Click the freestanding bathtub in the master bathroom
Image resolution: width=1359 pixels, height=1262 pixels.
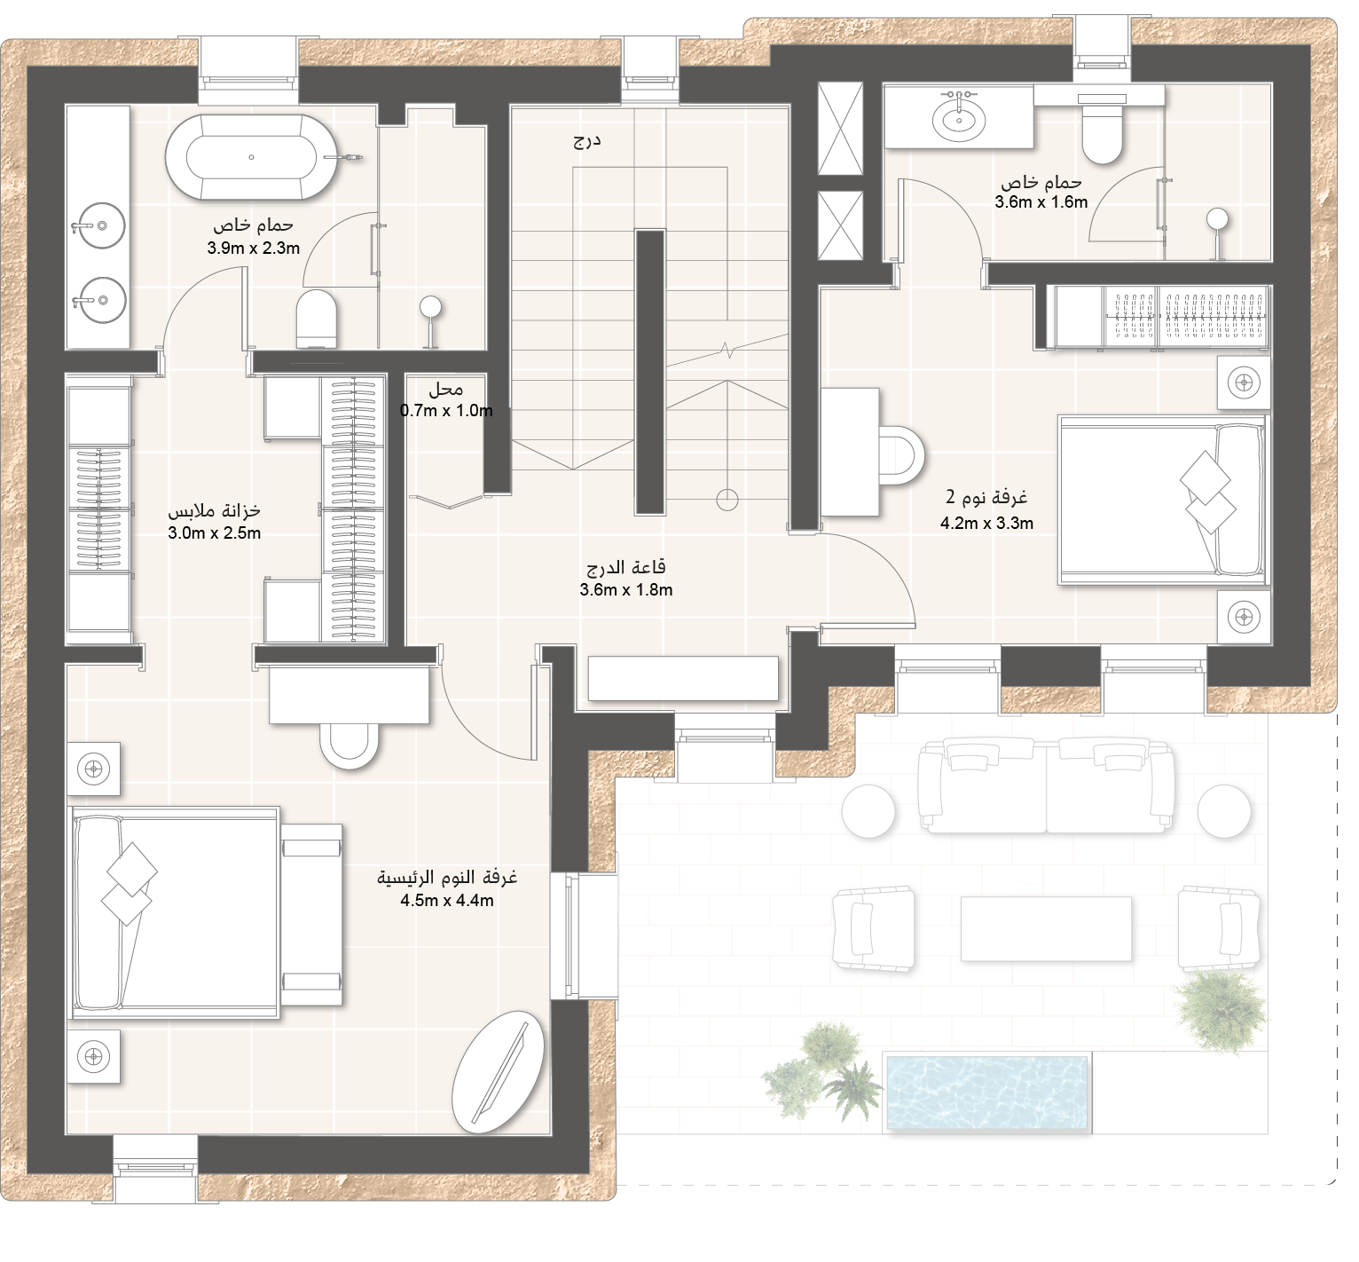[252, 158]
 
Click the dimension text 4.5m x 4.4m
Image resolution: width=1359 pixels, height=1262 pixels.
[447, 901]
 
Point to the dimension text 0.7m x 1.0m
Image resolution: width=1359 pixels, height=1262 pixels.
[446, 410]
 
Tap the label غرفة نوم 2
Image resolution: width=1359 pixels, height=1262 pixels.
[986, 497]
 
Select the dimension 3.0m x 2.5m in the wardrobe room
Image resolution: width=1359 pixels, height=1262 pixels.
[214, 533]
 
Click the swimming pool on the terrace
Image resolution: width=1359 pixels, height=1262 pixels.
[987, 1092]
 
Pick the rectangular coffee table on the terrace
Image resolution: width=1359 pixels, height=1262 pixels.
[1046, 928]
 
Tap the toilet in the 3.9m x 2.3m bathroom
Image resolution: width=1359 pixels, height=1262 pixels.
[318, 318]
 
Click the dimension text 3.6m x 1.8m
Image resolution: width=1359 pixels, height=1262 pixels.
[626, 589]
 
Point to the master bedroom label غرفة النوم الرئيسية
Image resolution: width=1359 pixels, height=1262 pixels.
[448, 879]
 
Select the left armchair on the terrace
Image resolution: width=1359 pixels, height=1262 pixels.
[874, 927]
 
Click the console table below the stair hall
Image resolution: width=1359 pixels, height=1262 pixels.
[683, 678]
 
